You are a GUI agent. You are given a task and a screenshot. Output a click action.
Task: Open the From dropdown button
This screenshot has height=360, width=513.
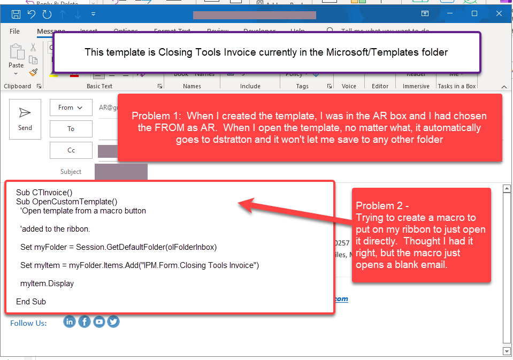(x=71, y=108)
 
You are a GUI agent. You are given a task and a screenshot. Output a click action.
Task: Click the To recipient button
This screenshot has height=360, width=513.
(x=71, y=129)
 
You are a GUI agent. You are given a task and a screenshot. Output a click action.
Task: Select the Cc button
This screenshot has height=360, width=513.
(x=71, y=150)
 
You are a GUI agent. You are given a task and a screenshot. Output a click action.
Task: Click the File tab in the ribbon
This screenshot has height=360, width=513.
(x=14, y=32)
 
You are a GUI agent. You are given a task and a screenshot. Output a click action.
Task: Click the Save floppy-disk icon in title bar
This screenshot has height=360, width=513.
(x=16, y=13)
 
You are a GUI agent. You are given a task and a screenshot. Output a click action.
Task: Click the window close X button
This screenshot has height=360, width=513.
(x=499, y=13)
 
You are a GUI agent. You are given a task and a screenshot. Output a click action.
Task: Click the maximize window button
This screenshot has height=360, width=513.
(x=474, y=13)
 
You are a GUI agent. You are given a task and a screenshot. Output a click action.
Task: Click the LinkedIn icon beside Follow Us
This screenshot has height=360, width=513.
(x=70, y=321)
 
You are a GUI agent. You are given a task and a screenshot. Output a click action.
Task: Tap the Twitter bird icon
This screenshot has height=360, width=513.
(x=113, y=321)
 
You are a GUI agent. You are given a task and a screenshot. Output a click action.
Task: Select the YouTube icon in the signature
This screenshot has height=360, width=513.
(x=99, y=321)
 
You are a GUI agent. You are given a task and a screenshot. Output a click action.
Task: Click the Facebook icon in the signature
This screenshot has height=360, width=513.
(x=84, y=321)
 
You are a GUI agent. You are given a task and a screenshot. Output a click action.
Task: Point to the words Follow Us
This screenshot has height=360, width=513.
(x=28, y=323)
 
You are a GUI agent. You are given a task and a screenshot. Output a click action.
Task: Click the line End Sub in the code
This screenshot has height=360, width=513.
(x=31, y=302)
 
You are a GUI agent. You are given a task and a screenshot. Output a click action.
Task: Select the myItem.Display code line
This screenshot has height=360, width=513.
(x=47, y=284)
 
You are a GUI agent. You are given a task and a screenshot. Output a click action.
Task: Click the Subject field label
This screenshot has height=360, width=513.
(x=71, y=172)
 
